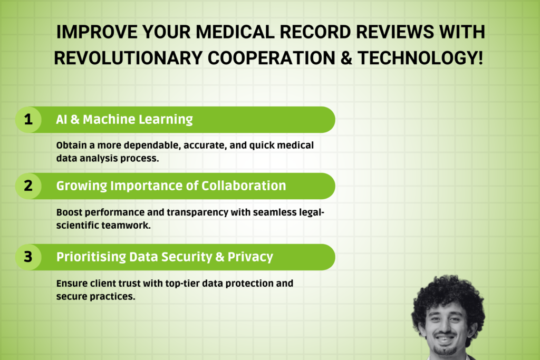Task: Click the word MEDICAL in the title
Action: click(235, 32)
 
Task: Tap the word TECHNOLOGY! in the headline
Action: click(420, 57)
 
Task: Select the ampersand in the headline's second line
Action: click(346, 57)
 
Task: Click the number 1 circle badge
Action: click(28, 120)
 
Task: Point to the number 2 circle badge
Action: click(28, 186)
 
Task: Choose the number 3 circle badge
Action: click(28, 257)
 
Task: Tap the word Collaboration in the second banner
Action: click(244, 186)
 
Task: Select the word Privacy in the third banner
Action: click(250, 257)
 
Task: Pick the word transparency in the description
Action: click(197, 213)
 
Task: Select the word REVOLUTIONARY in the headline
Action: click(128, 57)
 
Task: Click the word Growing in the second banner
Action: click(82, 186)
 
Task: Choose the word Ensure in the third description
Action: click(72, 284)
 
